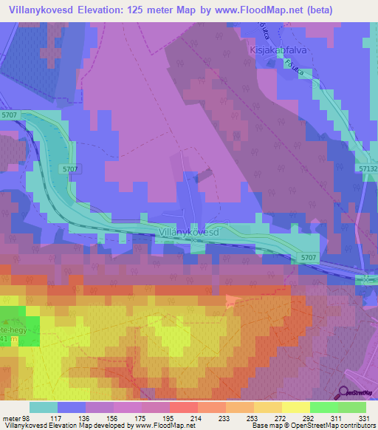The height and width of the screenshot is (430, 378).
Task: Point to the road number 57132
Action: pos(367,168)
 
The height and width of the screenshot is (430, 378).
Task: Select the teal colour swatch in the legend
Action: pos(44,407)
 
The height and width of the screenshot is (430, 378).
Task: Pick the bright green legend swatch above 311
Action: pos(323,407)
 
